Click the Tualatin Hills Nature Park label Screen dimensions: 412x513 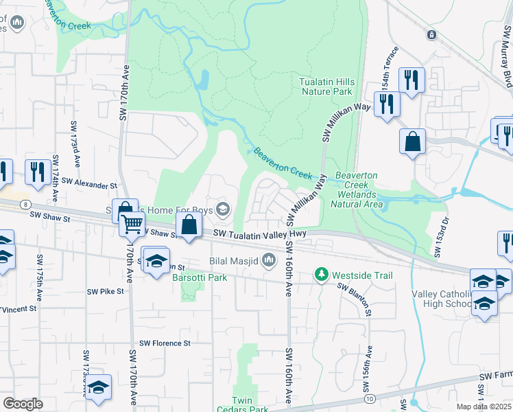click(x=326, y=87)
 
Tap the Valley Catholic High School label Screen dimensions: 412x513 click(x=442, y=299)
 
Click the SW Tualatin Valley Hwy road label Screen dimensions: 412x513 click(x=259, y=235)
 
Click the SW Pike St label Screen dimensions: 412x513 click(x=105, y=291)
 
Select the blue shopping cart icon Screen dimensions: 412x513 click(x=132, y=222)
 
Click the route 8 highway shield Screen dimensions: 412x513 click(x=25, y=204)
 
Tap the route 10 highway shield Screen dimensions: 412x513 click(x=370, y=398)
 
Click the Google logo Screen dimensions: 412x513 click(x=23, y=404)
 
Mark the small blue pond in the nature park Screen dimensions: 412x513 click(x=202, y=81)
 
